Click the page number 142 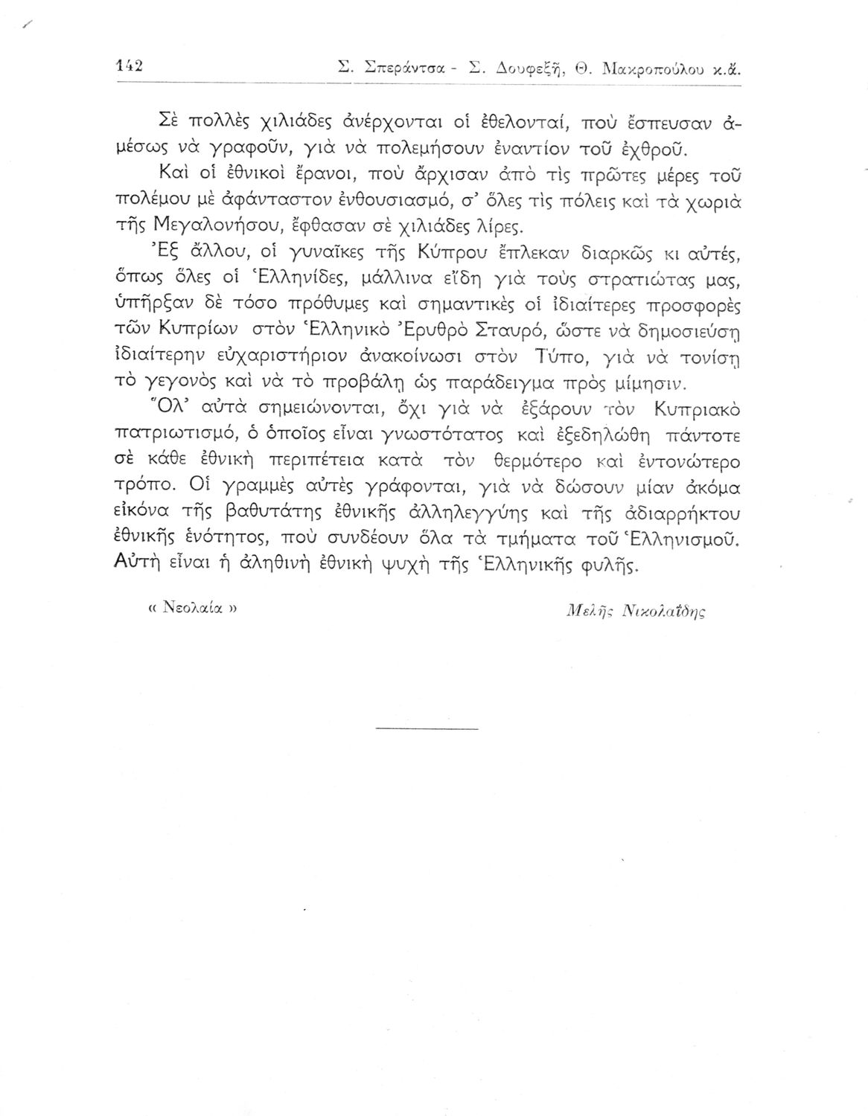point(130,65)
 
